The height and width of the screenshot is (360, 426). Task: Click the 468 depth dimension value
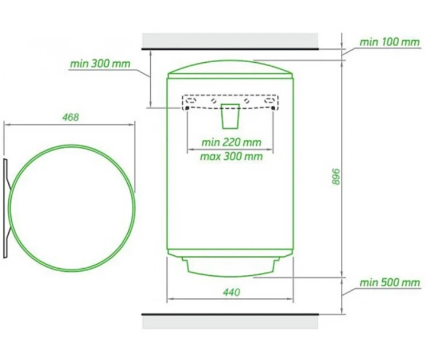[70, 117]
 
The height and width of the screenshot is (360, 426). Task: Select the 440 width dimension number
[231, 292]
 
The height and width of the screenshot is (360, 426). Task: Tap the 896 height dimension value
[336, 176]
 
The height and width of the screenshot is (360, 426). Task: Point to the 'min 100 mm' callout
[389, 42]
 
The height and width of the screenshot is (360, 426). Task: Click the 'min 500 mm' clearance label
[390, 282]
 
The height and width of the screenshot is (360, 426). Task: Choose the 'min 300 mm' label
[100, 63]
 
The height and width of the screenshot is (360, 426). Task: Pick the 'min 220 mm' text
[231, 142]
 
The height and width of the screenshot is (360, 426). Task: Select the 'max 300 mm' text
[231, 156]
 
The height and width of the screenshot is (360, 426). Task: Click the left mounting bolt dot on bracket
[187, 108]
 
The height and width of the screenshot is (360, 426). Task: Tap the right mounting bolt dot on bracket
[273, 108]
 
